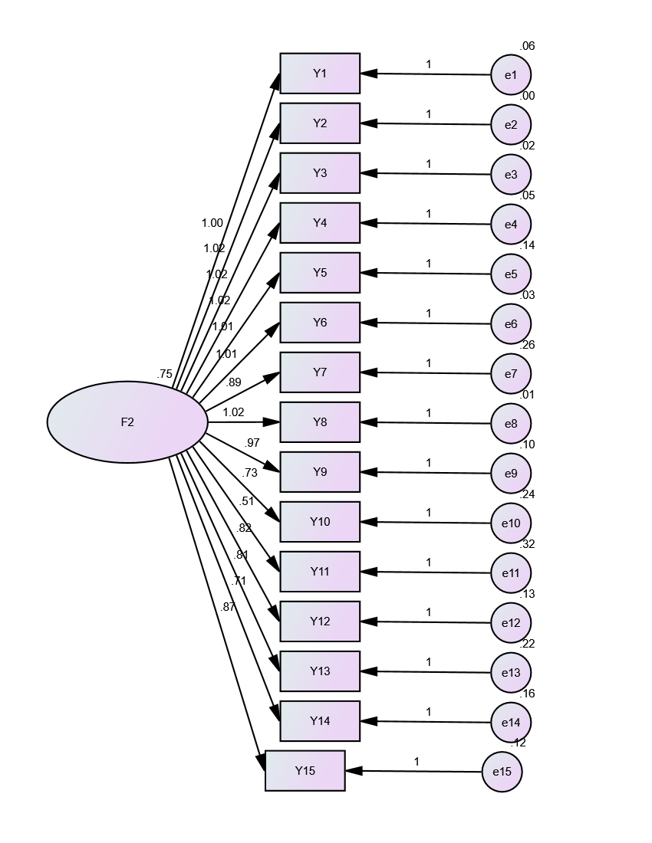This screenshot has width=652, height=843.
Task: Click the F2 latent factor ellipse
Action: (x=127, y=421)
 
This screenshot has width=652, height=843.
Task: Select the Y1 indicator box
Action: (x=320, y=74)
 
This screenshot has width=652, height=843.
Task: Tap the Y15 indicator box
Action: (x=305, y=771)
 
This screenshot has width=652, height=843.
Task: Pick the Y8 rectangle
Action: (x=320, y=422)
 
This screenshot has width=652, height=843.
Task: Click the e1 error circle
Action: (x=511, y=75)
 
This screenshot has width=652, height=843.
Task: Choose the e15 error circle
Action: (x=502, y=772)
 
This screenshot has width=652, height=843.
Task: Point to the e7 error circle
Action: (x=511, y=374)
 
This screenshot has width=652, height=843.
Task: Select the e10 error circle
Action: (x=511, y=523)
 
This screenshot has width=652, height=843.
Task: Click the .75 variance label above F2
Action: (x=164, y=375)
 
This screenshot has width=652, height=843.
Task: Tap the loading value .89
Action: (x=234, y=382)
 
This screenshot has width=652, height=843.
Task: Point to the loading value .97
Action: (x=252, y=444)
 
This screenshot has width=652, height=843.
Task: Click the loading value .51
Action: (x=246, y=501)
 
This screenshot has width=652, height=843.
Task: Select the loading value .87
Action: (x=228, y=607)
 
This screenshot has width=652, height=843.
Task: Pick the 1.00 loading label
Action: (x=212, y=224)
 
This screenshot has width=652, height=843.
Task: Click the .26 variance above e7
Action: (x=527, y=345)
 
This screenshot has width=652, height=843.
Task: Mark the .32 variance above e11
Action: (x=527, y=544)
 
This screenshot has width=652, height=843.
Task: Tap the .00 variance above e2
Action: (x=527, y=96)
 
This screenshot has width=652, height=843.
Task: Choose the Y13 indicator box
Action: (x=320, y=671)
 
